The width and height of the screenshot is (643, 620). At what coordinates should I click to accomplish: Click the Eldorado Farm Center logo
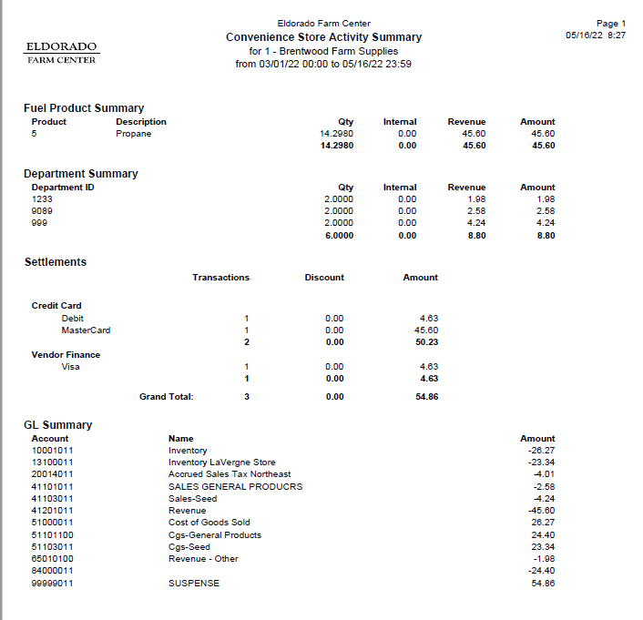[x=61, y=52]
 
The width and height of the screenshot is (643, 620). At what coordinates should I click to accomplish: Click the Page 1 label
[x=610, y=24]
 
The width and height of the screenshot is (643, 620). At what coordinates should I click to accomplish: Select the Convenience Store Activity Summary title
[x=323, y=37]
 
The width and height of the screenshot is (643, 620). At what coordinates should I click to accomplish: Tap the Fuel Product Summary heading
[x=84, y=108]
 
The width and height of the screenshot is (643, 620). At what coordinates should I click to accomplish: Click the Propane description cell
[x=133, y=134]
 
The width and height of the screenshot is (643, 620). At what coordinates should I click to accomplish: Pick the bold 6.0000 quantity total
[x=338, y=235]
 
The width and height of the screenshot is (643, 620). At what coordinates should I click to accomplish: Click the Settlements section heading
[x=56, y=262]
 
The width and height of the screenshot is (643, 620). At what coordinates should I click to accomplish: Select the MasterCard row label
[x=86, y=330]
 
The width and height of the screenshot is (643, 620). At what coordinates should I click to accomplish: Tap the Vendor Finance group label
[x=66, y=355]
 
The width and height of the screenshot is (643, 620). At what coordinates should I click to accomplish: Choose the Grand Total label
[x=166, y=397]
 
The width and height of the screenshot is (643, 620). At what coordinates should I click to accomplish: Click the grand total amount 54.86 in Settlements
[x=426, y=397]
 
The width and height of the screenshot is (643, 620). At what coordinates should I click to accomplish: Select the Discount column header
[x=324, y=278]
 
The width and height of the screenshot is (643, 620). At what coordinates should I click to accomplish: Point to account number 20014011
[x=53, y=474]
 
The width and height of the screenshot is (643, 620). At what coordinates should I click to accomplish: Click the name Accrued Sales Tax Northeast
[x=230, y=474]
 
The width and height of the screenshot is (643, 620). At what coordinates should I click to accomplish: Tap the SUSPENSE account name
[x=194, y=584]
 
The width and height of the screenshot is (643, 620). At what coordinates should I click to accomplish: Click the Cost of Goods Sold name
[x=209, y=523]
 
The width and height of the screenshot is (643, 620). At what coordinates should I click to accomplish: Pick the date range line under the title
[x=323, y=64]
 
